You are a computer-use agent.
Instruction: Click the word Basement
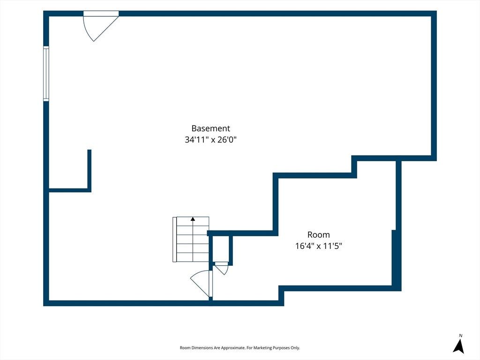tap(210, 128)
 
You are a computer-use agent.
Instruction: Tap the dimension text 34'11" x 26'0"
tap(210, 140)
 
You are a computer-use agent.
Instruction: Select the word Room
tap(318, 235)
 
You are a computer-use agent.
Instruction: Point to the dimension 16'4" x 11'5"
tap(318, 246)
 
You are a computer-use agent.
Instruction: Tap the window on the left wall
tap(46, 74)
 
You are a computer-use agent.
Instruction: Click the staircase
tap(191, 240)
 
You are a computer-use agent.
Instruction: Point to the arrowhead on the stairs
tap(193, 219)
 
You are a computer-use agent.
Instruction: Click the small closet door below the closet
tap(221, 268)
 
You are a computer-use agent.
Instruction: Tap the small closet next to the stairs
tap(220, 248)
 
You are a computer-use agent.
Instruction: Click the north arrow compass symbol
tap(458, 346)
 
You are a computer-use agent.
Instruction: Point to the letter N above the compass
tap(460, 336)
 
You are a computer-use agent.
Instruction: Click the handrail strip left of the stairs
tap(174, 240)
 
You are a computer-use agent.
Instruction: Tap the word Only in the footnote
tap(296, 348)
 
